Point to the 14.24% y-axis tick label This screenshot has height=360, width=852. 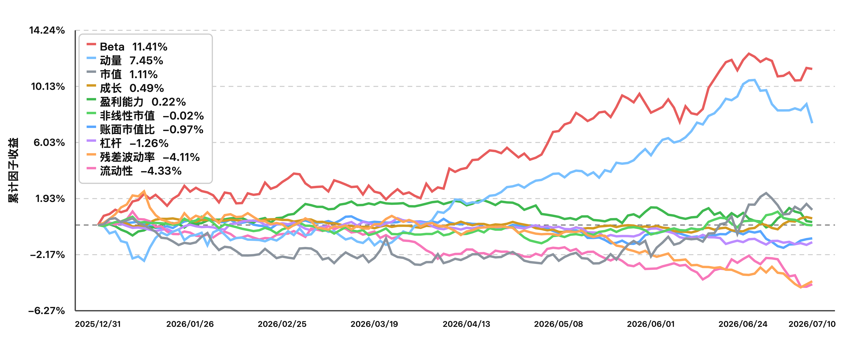[47, 30]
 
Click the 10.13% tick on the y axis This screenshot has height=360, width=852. [48, 87]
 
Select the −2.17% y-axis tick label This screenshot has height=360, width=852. [47, 255]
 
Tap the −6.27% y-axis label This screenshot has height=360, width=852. [47, 311]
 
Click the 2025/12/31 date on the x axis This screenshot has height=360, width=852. [98, 324]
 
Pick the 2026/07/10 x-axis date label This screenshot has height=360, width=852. [812, 324]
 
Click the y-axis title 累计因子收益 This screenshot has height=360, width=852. [13, 170]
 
